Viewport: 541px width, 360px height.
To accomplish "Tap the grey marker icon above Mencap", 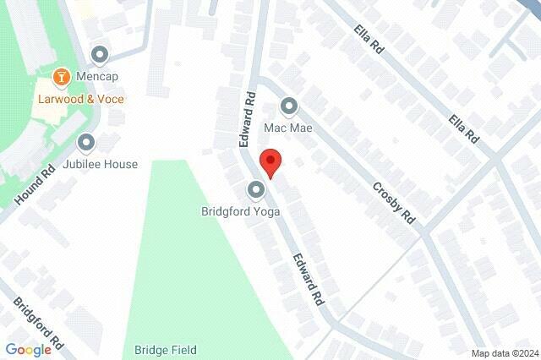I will (101, 56).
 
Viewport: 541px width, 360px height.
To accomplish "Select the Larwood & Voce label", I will (80, 99).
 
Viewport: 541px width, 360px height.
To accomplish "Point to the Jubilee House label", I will (104, 164).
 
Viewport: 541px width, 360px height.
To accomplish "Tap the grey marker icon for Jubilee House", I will (86, 143).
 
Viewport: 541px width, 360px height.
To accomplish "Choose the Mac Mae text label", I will (289, 128).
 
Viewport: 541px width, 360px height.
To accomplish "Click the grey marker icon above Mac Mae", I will (289, 106).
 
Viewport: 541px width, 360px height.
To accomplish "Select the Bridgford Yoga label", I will (240, 211).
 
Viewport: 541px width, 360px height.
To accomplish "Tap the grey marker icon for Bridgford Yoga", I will (255, 189).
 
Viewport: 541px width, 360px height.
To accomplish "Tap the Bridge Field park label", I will (166, 350).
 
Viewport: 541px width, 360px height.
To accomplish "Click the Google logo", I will (28, 349).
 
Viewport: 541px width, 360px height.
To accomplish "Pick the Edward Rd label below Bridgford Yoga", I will (309, 280).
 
